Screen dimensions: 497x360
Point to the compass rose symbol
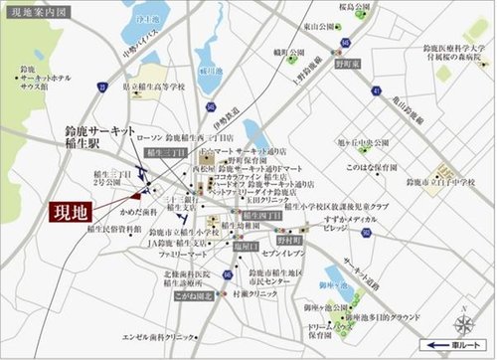[464, 323]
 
